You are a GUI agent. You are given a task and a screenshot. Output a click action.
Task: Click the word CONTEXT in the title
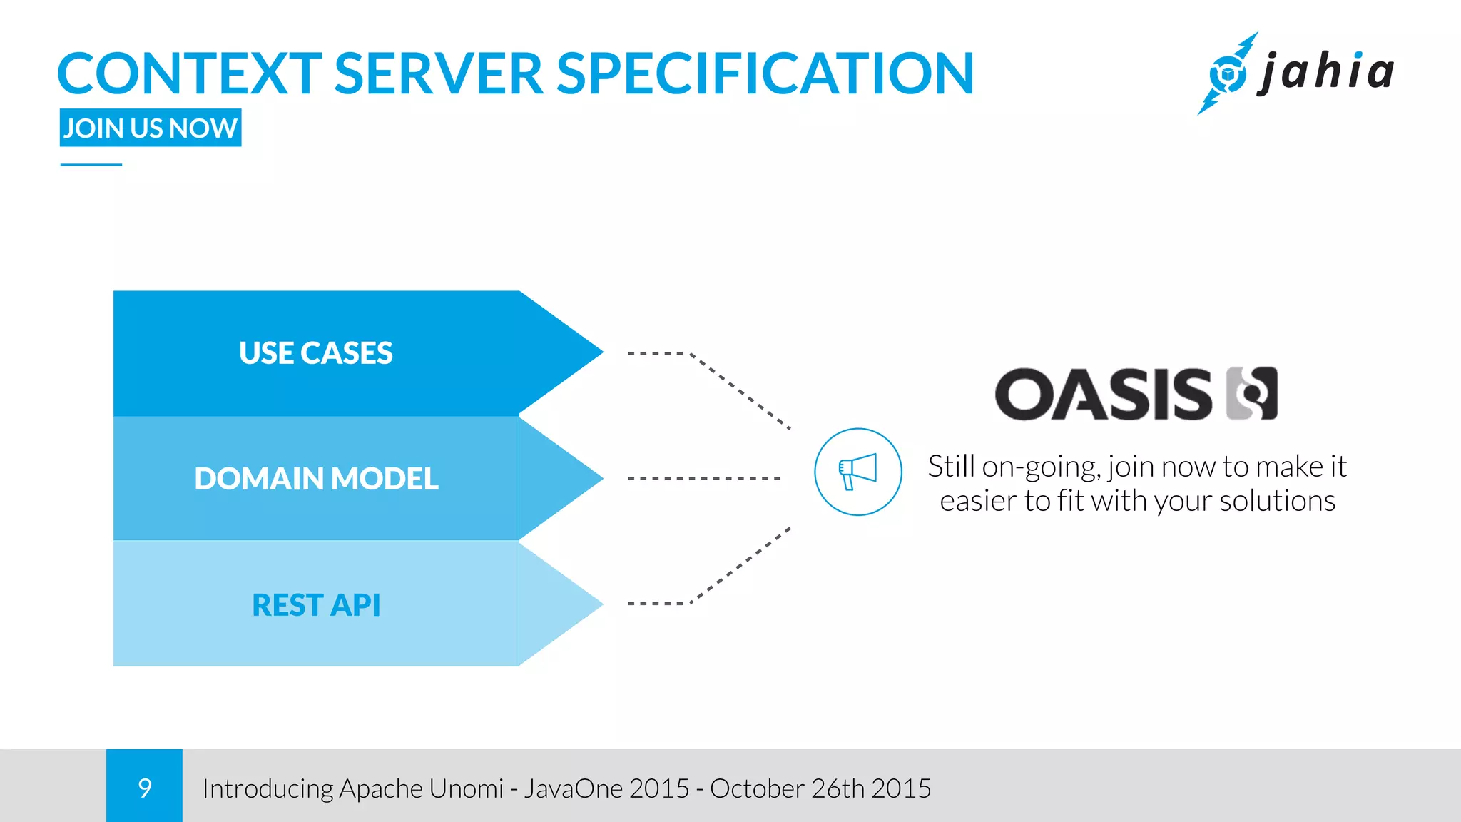(x=190, y=73)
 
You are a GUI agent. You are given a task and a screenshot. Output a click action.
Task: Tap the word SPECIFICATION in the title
(x=765, y=73)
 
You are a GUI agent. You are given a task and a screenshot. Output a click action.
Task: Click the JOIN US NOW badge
(x=151, y=128)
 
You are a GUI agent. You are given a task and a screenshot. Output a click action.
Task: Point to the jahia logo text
(x=1327, y=72)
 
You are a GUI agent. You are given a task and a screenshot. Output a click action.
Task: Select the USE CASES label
(x=316, y=353)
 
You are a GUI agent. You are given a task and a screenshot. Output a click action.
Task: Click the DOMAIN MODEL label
(x=316, y=479)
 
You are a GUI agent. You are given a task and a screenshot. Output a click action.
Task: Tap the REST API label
(x=316, y=605)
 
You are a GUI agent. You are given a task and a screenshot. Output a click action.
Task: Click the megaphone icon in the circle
(x=857, y=472)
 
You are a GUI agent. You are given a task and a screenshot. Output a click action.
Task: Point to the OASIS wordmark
(x=1103, y=394)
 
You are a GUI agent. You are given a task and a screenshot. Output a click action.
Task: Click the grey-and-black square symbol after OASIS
(x=1252, y=394)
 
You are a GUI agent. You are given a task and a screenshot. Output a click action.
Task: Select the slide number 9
(x=145, y=788)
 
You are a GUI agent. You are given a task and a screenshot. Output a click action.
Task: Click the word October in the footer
(x=757, y=788)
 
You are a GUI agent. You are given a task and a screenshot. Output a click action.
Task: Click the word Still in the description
(x=951, y=467)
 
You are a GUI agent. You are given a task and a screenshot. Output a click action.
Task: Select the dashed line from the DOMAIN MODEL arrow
(x=704, y=478)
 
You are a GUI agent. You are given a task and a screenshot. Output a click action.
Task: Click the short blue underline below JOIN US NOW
(x=91, y=165)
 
